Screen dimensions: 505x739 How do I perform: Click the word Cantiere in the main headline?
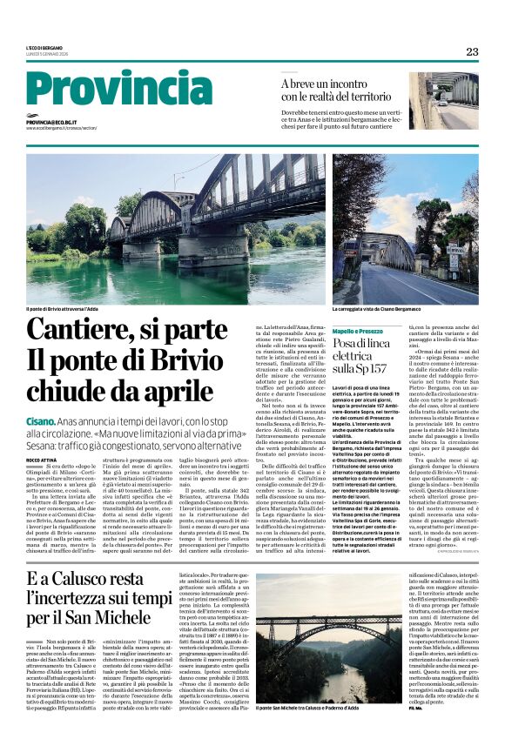[82, 333]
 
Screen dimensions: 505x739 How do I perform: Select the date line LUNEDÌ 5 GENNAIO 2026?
[48, 55]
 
